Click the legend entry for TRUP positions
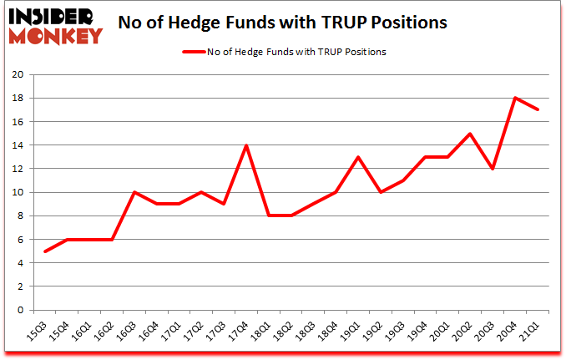[283, 52]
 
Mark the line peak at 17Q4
[245, 145]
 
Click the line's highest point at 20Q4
[515, 98]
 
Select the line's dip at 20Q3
[493, 169]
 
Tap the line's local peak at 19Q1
[358, 157]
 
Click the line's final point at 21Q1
[538, 109]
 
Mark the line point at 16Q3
[134, 192]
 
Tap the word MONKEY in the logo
[56, 35]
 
